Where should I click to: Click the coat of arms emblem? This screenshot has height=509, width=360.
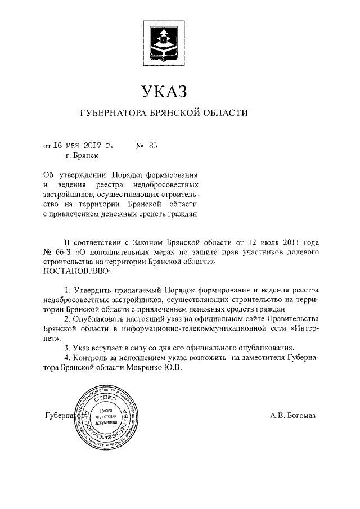click(163, 40)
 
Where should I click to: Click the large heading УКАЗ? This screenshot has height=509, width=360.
click(163, 89)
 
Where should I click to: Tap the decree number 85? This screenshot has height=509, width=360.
click(152, 145)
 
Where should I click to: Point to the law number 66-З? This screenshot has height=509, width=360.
click(61, 251)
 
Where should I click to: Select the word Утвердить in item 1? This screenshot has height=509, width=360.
click(93, 290)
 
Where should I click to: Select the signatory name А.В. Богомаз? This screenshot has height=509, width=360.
click(293, 416)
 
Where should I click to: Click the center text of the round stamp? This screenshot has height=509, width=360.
click(106, 416)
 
